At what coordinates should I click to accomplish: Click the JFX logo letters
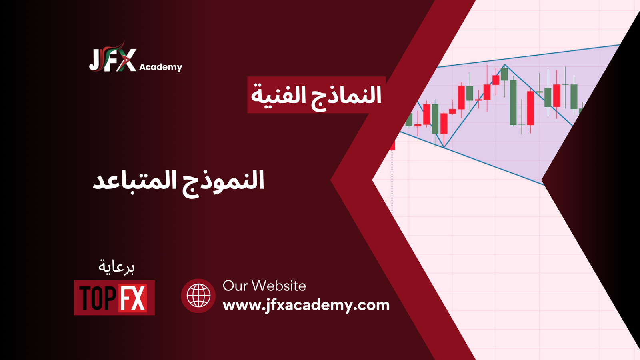[x=112, y=60]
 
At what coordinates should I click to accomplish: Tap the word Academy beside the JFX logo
[x=160, y=68]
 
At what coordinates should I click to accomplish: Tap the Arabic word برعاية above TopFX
[x=116, y=267]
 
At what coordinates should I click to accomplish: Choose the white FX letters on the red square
[x=133, y=298]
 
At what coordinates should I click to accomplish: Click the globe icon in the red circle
[x=198, y=296]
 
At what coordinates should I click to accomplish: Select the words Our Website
[x=264, y=286]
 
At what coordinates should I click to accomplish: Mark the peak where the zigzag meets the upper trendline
[x=505, y=65]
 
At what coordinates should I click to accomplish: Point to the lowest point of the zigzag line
[x=444, y=147]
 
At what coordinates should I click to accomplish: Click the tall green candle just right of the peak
[x=513, y=102]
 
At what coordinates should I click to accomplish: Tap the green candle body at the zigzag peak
[x=504, y=74]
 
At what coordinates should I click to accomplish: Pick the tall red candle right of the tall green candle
[x=530, y=108]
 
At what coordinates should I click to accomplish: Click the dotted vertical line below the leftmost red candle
[x=392, y=182]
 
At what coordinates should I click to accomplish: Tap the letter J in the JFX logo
[x=95, y=60]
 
